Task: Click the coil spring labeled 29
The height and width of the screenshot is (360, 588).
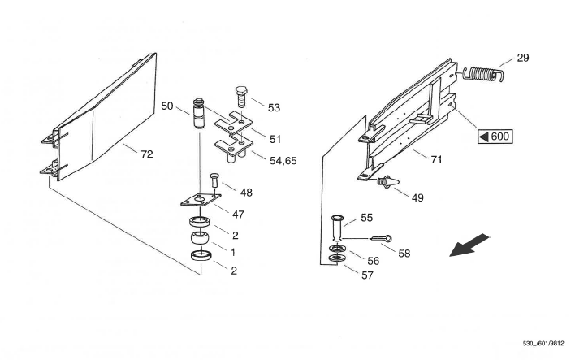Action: pyautogui.click(x=482, y=74)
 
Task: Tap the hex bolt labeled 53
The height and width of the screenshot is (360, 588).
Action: pyautogui.click(x=240, y=97)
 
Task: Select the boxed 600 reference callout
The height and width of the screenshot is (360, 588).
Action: pyautogui.click(x=495, y=136)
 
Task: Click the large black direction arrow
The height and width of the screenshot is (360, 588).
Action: pyautogui.click(x=469, y=245)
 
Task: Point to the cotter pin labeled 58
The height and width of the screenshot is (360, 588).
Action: pyautogui.click(x=382, y=238)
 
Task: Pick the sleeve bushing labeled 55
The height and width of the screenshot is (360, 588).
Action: pyautogui.click(x=337, y=228)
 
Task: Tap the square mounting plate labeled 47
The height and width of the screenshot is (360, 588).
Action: pyautogui.click(x=201, y=200)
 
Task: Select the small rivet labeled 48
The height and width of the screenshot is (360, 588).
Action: pyautogui.click(x=214, y=180)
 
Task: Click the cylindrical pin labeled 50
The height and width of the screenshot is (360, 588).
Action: pyautogui.click(x=199, y=114)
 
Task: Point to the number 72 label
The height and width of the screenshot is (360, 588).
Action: pyautogui.click(x=147, y=154)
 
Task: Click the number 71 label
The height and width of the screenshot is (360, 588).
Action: pyautogui.click(x=436, y=160)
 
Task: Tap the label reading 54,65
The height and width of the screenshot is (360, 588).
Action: pyautogui.click(x=283, y=161)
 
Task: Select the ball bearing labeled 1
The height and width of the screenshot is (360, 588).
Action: pyautogui.click(x=201, y=238)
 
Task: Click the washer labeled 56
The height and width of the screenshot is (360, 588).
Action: pyautogui.click(x=338, y=249)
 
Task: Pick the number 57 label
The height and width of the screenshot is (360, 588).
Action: pyautogui.click(x=367, y=275)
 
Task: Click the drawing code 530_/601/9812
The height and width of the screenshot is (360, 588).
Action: pyautogui.click(x=544, y=344)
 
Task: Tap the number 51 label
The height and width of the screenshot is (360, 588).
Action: pyautogui.click(x=275, y=140)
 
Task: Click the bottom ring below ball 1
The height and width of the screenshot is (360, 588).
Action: pyautogui.click(x=201, y=256)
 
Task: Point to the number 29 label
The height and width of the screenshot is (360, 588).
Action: pyautogui.click(x=523, y=59)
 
